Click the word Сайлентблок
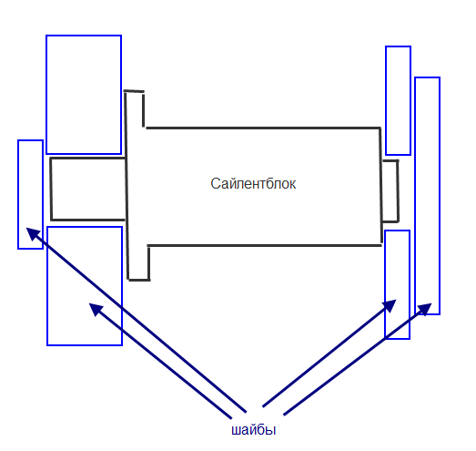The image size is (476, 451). (x=253, y=183)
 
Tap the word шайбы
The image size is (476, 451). (x=254, y=430)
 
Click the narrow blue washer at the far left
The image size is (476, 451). (x=18, y=194)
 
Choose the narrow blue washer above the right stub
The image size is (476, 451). (x=386, y=100)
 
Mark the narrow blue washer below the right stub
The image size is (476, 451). (x=385, y=284)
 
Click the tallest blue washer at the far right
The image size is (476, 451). (x=415, y=196)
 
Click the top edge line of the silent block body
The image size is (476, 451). (x=263, y=128)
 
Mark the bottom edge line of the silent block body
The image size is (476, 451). (x=265, y=245)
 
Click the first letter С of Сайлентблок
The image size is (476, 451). (x=215, y=183)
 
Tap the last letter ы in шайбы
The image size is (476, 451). (x=271, y=430)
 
